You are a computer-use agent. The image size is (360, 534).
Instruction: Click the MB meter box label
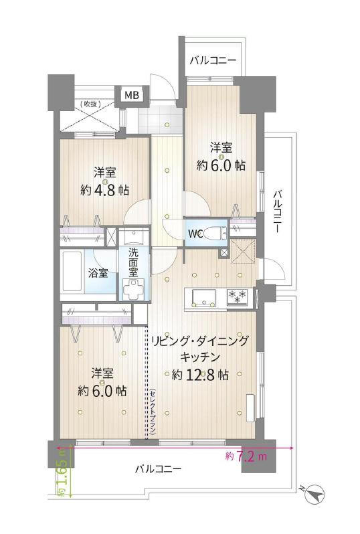(131, 95)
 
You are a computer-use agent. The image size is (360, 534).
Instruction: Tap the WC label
(195, 234)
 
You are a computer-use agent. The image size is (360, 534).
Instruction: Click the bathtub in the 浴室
(72, 272)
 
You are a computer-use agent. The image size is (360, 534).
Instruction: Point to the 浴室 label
(98, 273)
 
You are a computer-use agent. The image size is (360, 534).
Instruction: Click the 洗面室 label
(133, 262)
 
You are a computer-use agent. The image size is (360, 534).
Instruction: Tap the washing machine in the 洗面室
(134, 290)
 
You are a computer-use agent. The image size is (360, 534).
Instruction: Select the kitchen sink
(204, 298)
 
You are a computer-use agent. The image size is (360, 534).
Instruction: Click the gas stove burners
(238, 296)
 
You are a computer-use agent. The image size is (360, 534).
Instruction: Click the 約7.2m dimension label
(246, 456)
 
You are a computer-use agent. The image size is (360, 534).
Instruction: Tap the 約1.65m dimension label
(62, 472)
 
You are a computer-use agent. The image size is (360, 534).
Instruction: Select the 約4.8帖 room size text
(104, 189)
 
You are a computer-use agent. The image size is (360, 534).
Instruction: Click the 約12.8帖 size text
(200, 375)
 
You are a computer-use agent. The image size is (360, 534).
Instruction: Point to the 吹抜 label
(90, 104)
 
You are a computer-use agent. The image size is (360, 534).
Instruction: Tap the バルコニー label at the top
(213, 61)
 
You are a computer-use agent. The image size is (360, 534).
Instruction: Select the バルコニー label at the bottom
(159, 469)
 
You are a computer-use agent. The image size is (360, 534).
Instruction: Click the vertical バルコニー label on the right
(278, 211)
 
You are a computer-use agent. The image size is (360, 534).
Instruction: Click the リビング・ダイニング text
(200, 340)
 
